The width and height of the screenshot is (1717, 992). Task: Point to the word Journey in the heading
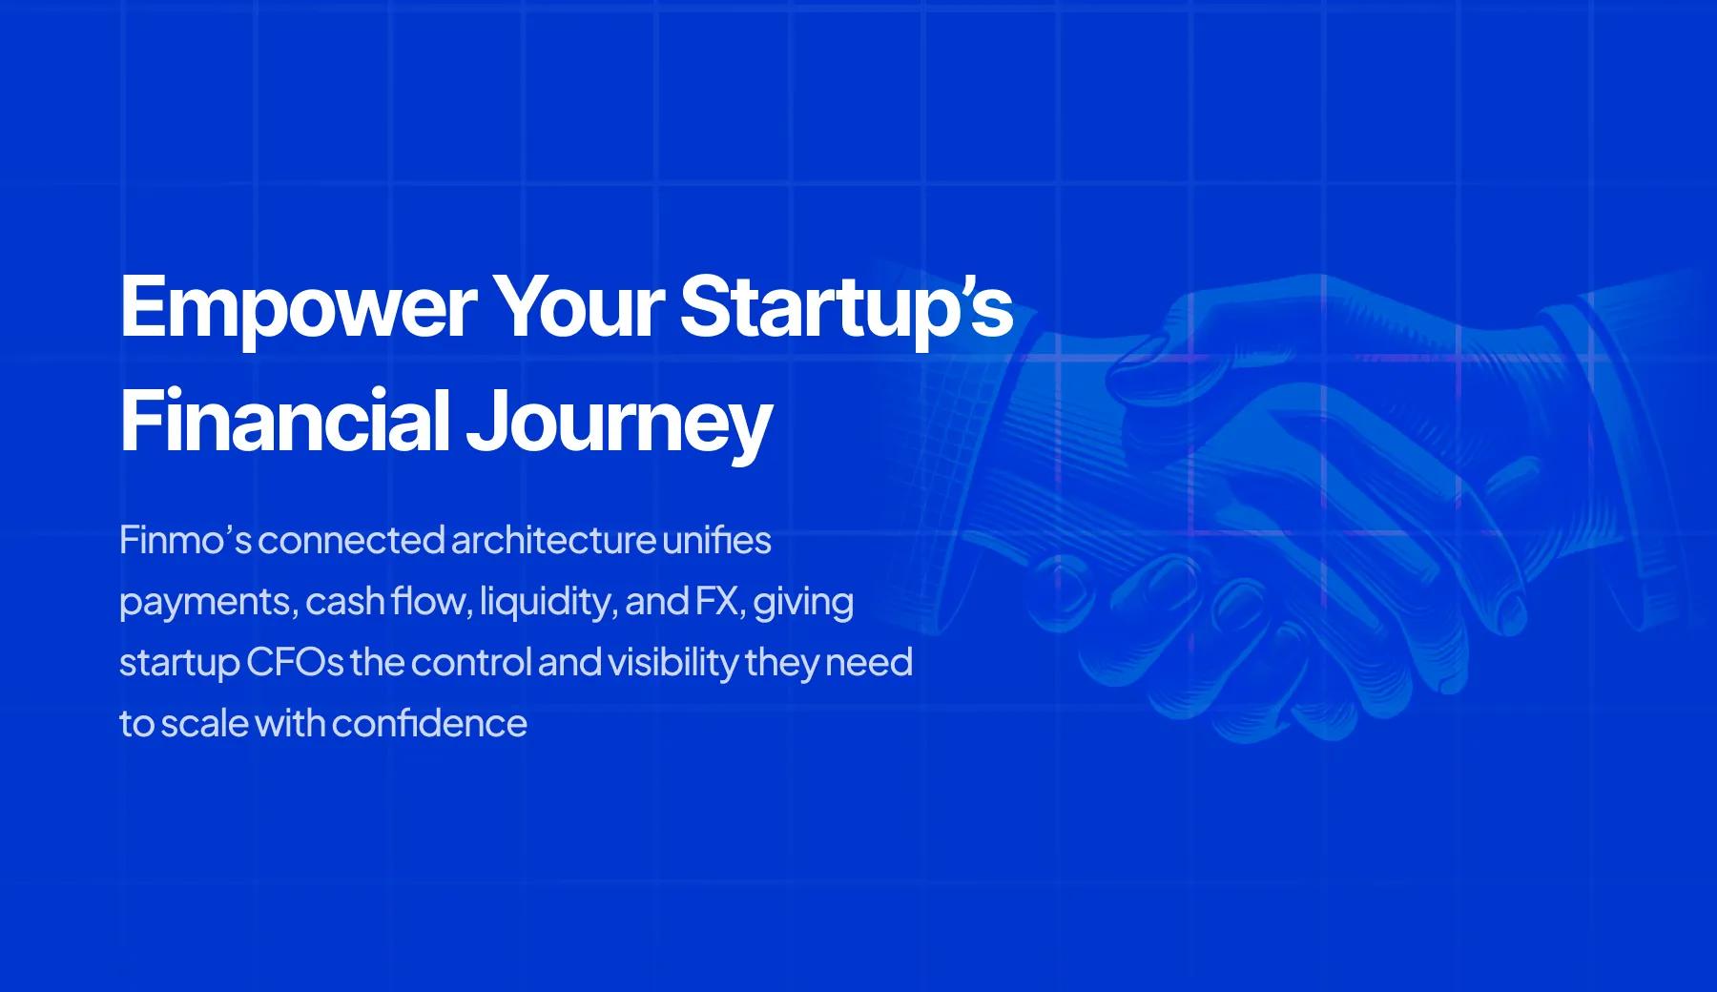[x=618, y=425]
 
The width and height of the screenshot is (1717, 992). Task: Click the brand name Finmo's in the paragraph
[x=185, y=540]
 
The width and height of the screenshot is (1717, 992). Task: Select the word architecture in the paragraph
[x=553, y=540]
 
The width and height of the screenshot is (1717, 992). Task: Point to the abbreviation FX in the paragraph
[x=720, y=602]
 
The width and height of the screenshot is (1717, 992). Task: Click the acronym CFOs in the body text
[x=295, y=663]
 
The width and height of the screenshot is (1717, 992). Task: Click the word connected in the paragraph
[x=351, y=540]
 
